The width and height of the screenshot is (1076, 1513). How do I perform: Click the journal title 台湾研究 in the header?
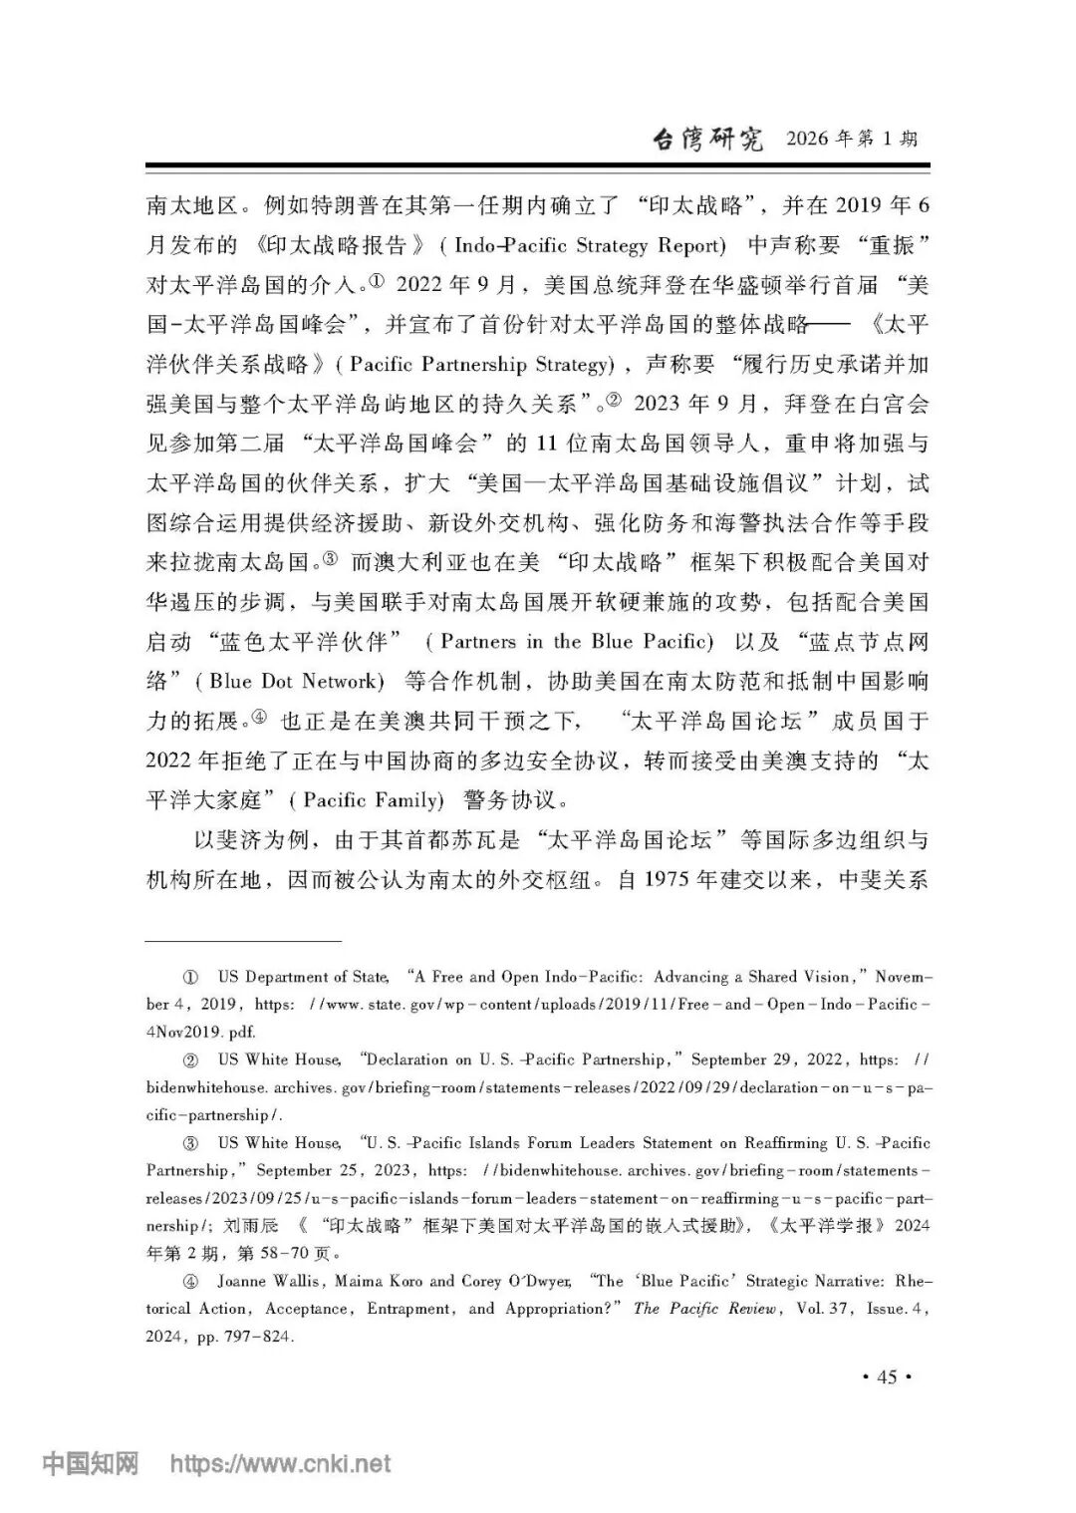click(706, 139)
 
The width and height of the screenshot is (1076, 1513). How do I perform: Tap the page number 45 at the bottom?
click(886, 1377)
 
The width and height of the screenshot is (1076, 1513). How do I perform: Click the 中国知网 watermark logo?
click(90, 1463)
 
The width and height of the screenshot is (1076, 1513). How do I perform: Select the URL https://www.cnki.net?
click(280, 1464)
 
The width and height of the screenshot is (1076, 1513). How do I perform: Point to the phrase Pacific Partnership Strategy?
click(478, 365)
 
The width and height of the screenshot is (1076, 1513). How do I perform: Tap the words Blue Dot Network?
click(296, 682)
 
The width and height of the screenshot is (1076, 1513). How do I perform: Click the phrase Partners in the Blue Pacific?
click(577, 642)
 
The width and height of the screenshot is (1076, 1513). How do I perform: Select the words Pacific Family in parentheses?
click(373, 800)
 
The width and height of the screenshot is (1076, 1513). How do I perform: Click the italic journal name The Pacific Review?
click(705, 1309)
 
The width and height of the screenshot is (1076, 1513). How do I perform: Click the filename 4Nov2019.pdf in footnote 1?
click(200, 1033)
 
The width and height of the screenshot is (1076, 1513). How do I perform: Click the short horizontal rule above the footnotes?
click(243, 940)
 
